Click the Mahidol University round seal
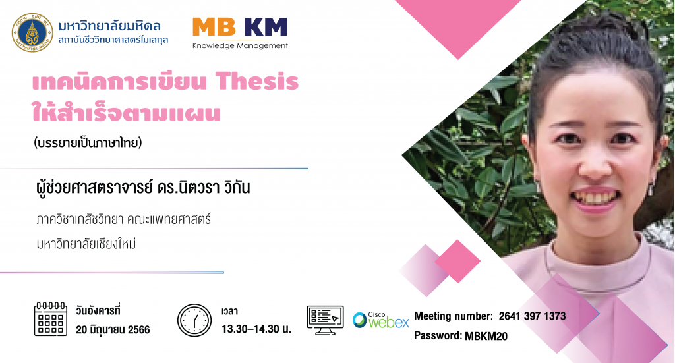[32, 33]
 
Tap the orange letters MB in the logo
[214, 27]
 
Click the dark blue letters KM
[266, 27]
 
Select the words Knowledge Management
[240, 45]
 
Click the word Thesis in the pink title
[257, 81]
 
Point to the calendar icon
[50, 319]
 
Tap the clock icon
[194, 320]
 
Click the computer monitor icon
[325, 320]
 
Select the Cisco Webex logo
[381, 320]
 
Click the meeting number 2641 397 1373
[532, 316]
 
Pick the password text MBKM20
[486, 336]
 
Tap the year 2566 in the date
[138, 330]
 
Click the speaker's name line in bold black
[143, 188]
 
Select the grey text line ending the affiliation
[86, 244]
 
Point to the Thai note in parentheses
[88, 142]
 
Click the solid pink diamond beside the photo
[457, 261]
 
